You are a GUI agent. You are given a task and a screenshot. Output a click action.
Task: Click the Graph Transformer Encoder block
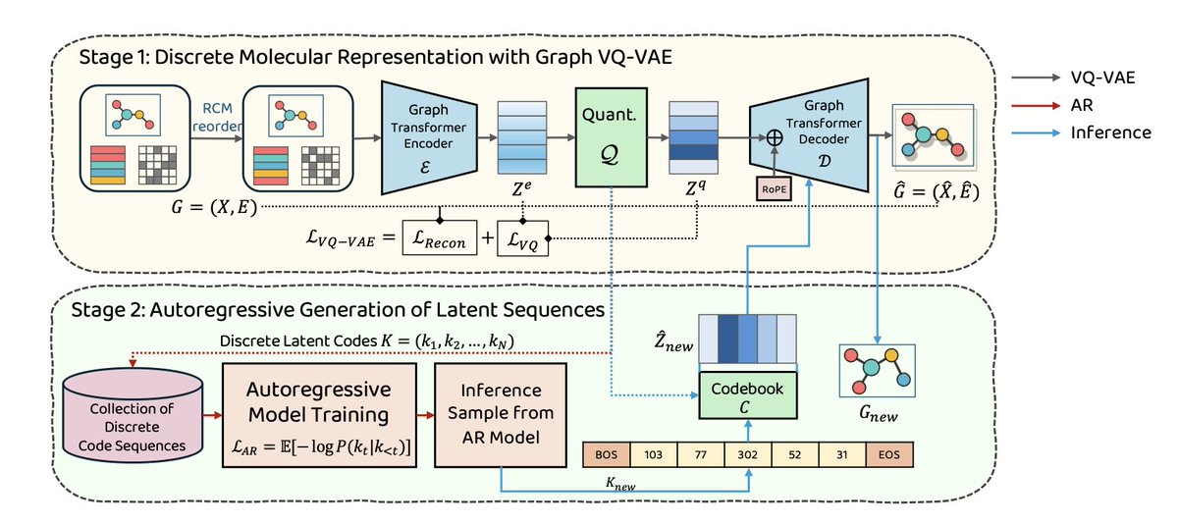[x=429, y=137]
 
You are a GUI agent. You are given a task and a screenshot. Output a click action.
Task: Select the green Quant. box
[x=611, y=137]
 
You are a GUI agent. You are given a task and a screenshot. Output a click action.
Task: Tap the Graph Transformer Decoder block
[x=809, y=135]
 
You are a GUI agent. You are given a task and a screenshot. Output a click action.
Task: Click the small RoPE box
[x=774, y=189]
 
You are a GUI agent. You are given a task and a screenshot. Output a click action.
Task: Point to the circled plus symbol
[x=775, y=137]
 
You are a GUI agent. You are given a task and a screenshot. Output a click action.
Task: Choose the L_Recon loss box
[x=440, y=238]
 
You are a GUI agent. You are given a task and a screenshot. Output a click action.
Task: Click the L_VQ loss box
[x=522, y=238]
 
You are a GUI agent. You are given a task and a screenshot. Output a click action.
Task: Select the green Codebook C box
[x=748, y=395]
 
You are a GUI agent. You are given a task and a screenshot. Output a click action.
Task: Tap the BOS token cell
[x=607, y=454]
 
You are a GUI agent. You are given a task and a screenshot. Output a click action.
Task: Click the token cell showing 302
[x=748, y=454]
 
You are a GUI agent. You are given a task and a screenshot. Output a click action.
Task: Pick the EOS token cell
[x=889, y=454]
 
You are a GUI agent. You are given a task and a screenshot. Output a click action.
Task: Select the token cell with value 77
[x=701, y=454]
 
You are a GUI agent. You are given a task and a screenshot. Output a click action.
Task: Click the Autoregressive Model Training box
[x=319, y=415]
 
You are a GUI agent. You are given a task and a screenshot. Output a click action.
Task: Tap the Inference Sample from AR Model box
[x=501, y=415]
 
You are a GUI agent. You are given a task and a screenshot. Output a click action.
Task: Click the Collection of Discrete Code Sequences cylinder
[x=133, y=415]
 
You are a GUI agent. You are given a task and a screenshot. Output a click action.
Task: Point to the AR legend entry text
[x=1082, y=105]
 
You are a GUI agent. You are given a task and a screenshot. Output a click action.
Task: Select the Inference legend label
[x=1110, y=132]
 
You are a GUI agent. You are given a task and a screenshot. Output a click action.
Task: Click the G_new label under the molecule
[x=879, y=414]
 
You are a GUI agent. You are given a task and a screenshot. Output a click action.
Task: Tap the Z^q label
[x=695, y=187]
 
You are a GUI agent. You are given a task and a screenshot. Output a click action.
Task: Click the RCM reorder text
[x=217, y=117]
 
